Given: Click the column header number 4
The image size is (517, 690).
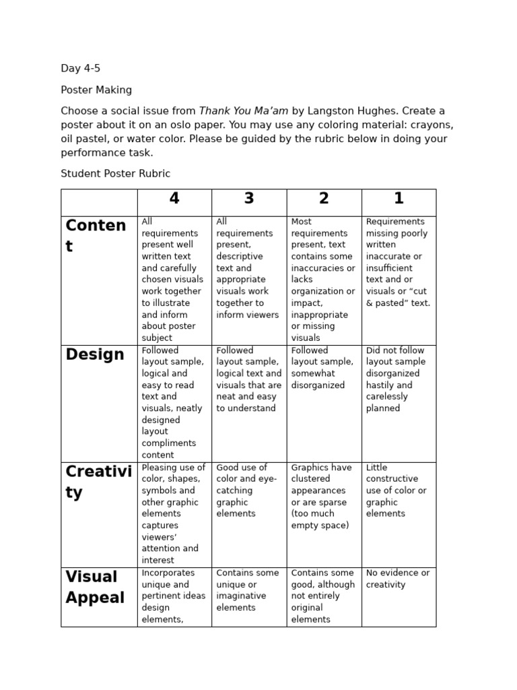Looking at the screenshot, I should [x=174, y=199].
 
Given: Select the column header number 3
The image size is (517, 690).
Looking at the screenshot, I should [x=249, y=199].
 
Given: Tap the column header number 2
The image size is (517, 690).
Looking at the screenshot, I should [x=324, y=199].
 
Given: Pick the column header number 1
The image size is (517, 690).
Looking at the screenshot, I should [x=399, y=199].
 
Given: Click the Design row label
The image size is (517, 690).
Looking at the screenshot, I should [x=95, y=355].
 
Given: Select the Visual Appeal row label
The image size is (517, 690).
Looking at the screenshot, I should [x=95, y=587].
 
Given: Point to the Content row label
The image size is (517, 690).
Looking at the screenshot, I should [x=95, y=235].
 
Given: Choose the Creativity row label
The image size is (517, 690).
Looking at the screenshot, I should [x=98, y=482].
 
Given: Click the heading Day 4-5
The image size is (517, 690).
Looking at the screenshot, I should [x=80, y=68].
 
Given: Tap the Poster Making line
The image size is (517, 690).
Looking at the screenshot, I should [x=96, y=90].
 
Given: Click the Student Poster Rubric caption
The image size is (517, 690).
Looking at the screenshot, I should [x=115, y=173].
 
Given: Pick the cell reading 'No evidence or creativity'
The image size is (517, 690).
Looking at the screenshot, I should [x=397, y=579].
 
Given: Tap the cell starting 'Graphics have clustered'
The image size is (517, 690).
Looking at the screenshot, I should [x=321, y=496].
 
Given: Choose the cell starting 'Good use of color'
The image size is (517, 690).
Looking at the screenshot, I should [x=246, y=490].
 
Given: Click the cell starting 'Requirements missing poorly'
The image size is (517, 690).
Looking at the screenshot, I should [x=397, y=262].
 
